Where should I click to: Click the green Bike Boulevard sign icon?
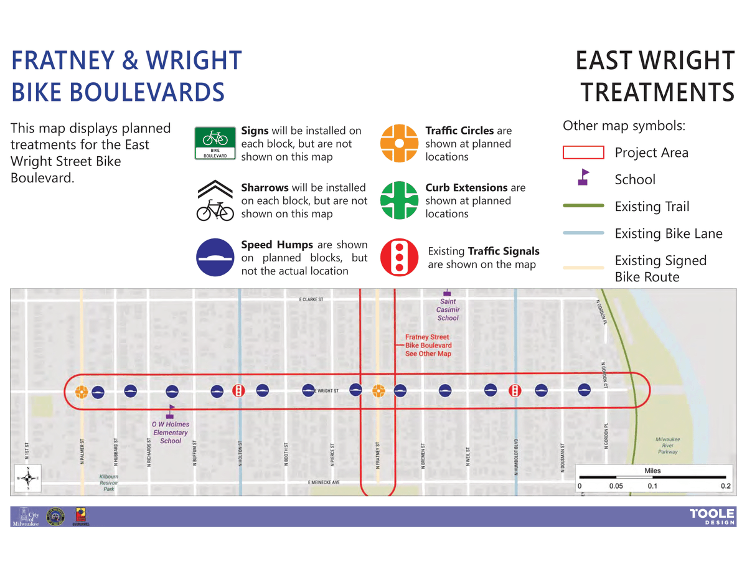click(x=215, y=144)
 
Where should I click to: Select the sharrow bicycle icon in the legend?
click(x=215, y=201)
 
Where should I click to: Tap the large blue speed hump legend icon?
click(x=215, y=258)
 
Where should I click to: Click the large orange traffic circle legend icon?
click(x=399, y=144)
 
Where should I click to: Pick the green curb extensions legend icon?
click(x=399, y=200)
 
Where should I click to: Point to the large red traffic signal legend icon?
click(x=399, y=258)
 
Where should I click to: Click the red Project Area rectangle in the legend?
click(x=583, y=152)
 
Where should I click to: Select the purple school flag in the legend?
click(x=583, y=178)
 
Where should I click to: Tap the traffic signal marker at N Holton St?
click(x=238, y=390)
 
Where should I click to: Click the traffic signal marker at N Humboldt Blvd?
click(x=515, y=390)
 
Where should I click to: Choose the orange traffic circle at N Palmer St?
click(x=81, y=392)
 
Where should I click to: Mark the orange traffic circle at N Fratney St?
click(x=378, y=390)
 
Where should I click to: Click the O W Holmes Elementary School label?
click(x=171, y=432)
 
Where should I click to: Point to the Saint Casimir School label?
click(x=448, y=309)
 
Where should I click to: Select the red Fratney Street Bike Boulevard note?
click(x=428, y=345)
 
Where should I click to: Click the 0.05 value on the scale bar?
click(x=616, y=486)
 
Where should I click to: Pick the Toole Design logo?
click(x=712, y=517)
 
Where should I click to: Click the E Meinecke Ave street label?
click(x=324, y=482)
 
